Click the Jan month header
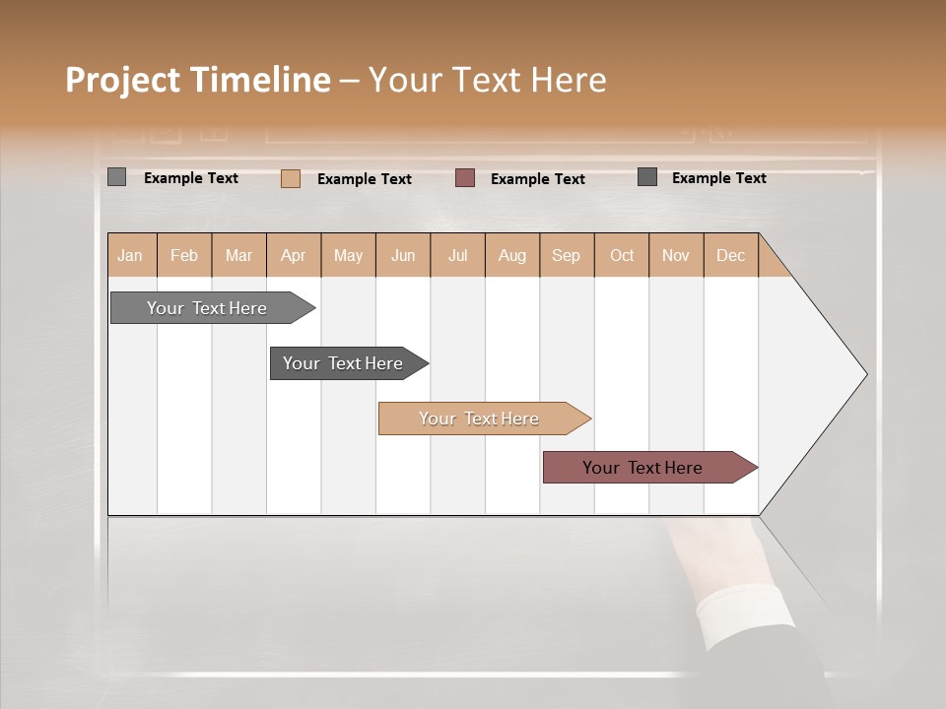click(x=130, y=255)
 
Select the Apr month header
click(x=294, y=255)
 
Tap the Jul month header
click(x=457, y=255)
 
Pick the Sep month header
click(x=567, y=255)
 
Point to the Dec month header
click(x=730, y=255)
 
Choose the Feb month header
click(x=184, y=255)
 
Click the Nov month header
click(x=676, y=255)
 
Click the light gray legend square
click(x=116, y=177)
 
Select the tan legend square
click(x=291, y=178)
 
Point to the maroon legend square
click(x=465, y=178)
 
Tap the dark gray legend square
click(x=647, y=177)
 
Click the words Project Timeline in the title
click(x=198, y=80)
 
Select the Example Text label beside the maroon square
click(x=538, y=179)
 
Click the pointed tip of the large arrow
click(x=864, y=374)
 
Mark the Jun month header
click(x=403, y=255)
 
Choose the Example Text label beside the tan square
click(x=365, y=179)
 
